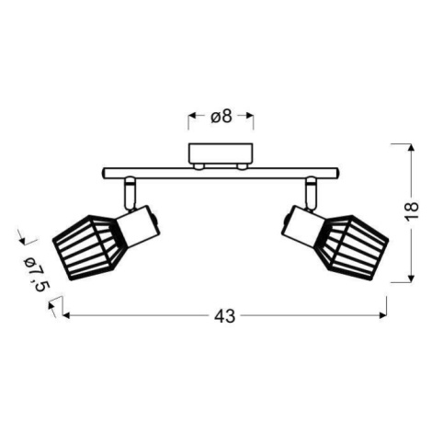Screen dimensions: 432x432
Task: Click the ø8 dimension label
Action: [x=222, y=117]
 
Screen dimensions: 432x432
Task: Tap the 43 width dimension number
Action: [x=225, y=316]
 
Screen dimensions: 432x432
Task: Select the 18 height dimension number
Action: [x=411, y=210]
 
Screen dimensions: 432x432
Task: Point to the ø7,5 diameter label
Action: [x=37, y=274]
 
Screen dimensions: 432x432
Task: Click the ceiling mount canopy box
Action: [x=221, y=154]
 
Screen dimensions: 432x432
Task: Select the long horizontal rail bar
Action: [x=221, y=173]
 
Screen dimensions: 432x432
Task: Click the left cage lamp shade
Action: [x=89, y=247]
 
